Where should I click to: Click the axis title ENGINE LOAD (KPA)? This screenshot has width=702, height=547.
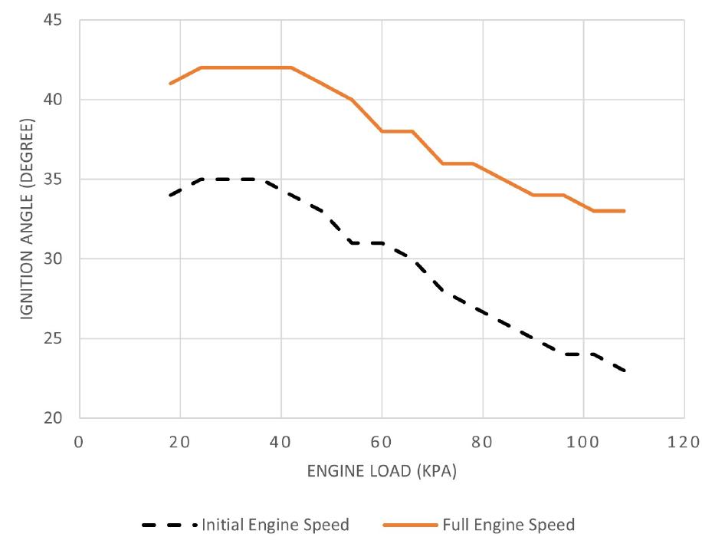pyautogui.click(x=382, y=472)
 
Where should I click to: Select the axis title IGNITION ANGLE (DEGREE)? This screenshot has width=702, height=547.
pyautogui.click(x=26, y=219)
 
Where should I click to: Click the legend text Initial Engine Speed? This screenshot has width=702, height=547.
pyautogui.click(x=275, y=526)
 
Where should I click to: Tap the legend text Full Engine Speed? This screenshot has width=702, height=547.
pyautogui.click(x=508, y=526)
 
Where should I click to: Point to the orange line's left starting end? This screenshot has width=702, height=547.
pyautogui.click(x=170, y=84)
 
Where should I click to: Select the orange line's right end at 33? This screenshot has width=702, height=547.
pyautogui.click(x=624, y=211)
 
